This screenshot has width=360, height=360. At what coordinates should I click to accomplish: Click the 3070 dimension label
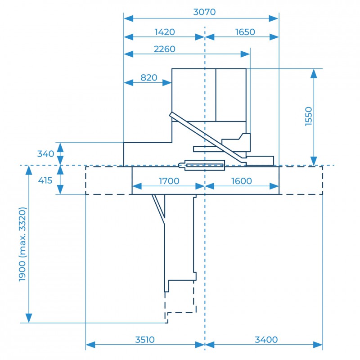[x=204, y=12]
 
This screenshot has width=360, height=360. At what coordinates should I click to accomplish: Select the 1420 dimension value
[x=165, y=32]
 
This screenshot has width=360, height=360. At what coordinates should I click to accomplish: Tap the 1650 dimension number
[x=245, y=32]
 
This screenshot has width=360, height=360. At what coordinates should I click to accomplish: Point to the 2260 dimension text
[x=164, y=49]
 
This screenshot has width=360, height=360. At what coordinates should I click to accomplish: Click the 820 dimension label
[x=149, y=77]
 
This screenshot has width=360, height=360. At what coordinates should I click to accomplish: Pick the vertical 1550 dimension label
[x=309, y=116]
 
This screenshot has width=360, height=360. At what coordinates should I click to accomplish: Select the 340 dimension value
[x=46, y=153]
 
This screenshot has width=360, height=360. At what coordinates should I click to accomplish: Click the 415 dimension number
[x=45, y=180]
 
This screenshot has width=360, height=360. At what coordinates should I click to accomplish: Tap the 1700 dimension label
[x=169, y=181]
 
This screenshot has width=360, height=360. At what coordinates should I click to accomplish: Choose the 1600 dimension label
[x=242, y=181]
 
